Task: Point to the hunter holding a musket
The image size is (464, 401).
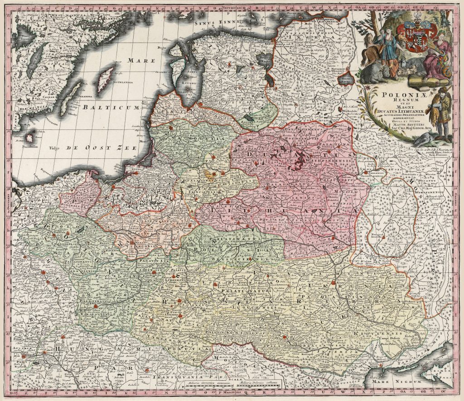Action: tap(441, 113)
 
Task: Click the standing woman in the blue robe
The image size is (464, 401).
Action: tap(389, 50)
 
